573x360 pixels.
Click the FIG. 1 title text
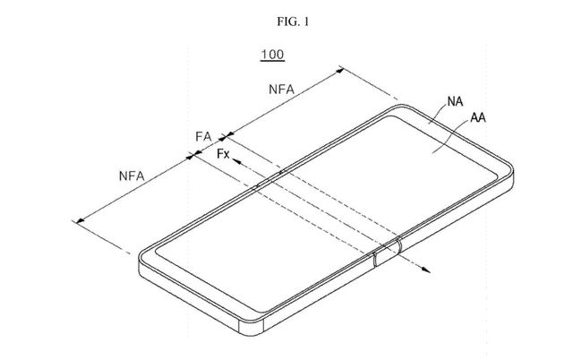tap(293, 21)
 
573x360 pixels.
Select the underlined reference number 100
tap(272, 55)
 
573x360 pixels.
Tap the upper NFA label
tap(281, 90)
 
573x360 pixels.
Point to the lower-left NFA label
tap(132, 176)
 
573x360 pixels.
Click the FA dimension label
tap(203, 137)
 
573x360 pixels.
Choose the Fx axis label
tap(223, 154)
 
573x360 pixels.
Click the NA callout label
tap(456, 101)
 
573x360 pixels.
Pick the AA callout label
tap(478, 117)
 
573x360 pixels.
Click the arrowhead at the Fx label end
tap(236, 161)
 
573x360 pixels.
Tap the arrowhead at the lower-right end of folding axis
tap(425, 270)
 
